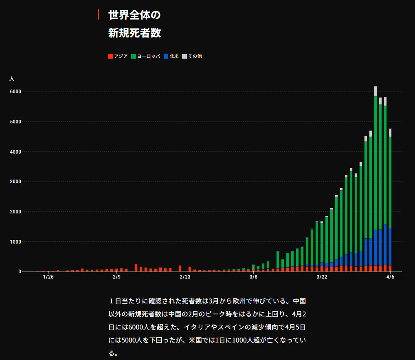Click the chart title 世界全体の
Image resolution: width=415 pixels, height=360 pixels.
tap(134, 15)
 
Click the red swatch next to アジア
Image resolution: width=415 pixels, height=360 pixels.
tap(110, 56)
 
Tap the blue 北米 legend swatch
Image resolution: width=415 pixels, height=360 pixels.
tap(166, 56)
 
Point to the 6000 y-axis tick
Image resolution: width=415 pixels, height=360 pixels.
tap(15, 92)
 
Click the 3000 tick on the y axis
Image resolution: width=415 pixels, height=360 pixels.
tap(15, 182)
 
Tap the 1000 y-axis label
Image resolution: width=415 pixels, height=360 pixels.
tap(15, 241)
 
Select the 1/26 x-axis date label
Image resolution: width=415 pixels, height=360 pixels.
tap(48, 277)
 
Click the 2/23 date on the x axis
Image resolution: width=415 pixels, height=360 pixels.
tap(185, 277)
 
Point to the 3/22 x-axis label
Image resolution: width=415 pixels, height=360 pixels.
tap(322, 277)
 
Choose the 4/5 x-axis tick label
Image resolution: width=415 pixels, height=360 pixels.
tap(390, 277)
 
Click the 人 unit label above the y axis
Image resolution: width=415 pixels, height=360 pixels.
tap(12, 78)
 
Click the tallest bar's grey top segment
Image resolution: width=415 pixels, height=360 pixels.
tap(375, 91)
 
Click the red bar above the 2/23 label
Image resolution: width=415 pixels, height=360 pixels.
tap(180, 268)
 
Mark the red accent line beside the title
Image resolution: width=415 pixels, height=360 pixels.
tap(98, 14)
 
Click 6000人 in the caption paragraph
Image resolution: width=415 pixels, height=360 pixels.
tap(140, 327)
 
